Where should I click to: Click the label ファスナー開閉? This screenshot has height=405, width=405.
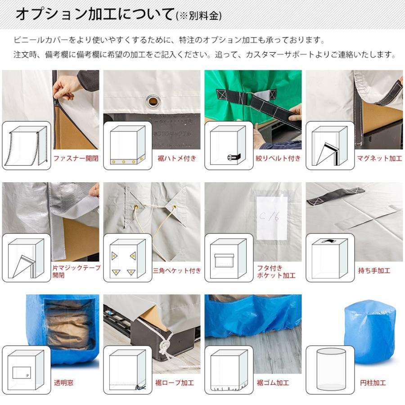pos(76,158)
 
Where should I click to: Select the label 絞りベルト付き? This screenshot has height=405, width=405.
pos(278,158)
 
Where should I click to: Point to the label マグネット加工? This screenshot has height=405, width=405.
pos(379,158)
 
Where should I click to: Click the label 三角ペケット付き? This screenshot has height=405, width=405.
pos(176,271)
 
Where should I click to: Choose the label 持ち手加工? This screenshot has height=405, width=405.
pos(374,271)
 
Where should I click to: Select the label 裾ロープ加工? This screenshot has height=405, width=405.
pos(174,383)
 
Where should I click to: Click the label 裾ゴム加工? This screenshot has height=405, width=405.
pos(273,383)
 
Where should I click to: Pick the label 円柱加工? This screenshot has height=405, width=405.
pos(373,383)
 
